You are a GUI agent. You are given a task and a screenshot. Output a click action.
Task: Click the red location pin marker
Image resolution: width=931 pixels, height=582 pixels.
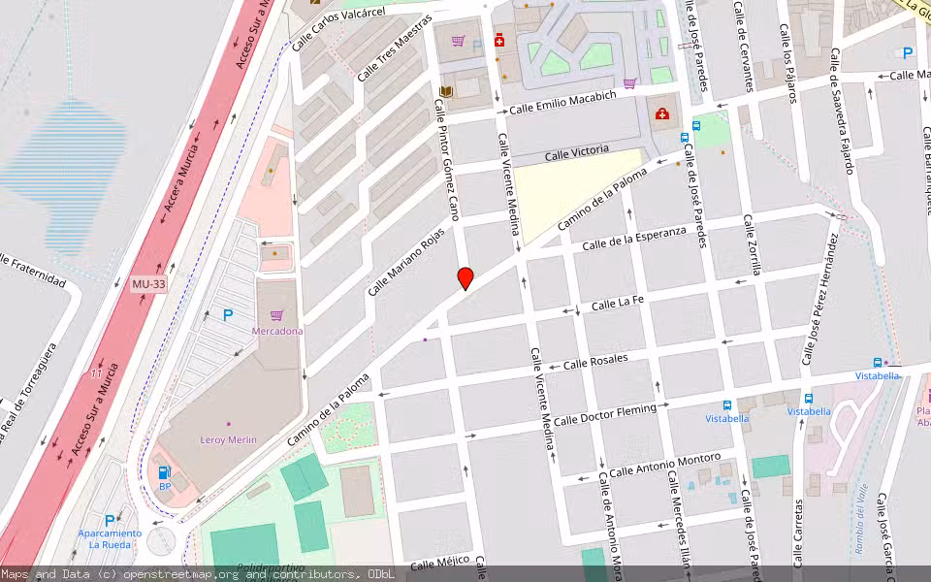click(x=465, y=277)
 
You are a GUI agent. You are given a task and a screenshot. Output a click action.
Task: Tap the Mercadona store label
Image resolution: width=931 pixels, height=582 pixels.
click(x=277, y=331)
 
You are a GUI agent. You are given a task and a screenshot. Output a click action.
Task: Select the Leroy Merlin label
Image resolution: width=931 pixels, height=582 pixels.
click(x=229, y=439)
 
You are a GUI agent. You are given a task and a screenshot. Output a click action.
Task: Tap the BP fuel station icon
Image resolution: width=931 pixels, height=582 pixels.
click(x=164, y=472)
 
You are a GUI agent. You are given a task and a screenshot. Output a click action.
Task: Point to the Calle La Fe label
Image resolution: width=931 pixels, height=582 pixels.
click(x=618, y=305)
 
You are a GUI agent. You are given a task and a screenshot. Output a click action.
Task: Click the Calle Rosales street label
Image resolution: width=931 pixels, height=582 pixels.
click(x=595, y=361)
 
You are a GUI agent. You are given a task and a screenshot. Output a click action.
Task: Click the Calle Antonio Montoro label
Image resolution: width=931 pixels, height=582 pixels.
click(x=665, y=464)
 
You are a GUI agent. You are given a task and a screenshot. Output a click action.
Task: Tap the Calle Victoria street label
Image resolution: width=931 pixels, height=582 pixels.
click(x=576, y=152)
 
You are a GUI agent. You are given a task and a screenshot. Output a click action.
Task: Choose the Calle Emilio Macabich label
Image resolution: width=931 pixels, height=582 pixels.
click(x=562, y=102)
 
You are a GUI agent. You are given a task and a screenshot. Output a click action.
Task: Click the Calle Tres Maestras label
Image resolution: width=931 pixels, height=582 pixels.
click(x=393, y=48)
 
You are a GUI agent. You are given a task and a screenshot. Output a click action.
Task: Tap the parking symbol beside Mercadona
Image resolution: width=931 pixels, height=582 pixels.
click(x=228, y=314)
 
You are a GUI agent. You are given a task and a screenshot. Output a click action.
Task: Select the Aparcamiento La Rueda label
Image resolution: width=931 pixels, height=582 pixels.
click(x=110, y=538)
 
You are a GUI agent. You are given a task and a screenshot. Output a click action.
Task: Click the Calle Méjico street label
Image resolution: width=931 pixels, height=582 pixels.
click(x=440, y=564)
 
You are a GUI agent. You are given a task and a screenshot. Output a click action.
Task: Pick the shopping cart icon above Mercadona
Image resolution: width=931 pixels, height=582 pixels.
click(x=277, y=314)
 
